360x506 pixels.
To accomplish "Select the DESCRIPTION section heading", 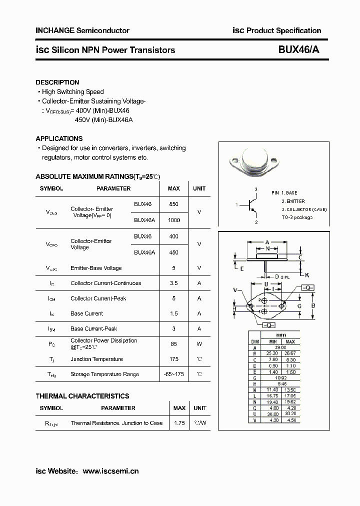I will [57, 82].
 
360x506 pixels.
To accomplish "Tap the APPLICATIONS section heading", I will [59, 138].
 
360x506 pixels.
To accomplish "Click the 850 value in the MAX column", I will [173, 204].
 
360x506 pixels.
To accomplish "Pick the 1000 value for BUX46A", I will [173, 220].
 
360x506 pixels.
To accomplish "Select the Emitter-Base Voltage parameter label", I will [96, 268].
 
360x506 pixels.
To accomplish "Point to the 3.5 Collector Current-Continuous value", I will [173, 283].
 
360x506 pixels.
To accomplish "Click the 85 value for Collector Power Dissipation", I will [173, 343].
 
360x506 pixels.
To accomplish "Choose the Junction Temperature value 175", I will [173, 359].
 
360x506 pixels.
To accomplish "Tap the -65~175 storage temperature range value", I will [173, 374].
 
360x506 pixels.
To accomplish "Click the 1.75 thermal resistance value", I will [179, 423].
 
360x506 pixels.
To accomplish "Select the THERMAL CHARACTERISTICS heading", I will [82, 396].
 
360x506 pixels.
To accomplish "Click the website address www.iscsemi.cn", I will [110, 471].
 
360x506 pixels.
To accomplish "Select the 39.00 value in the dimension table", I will [280, 347].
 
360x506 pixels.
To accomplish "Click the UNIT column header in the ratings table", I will [199, 188].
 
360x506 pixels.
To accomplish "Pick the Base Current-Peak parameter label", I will [94, 328].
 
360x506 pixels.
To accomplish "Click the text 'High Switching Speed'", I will [72, 92].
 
